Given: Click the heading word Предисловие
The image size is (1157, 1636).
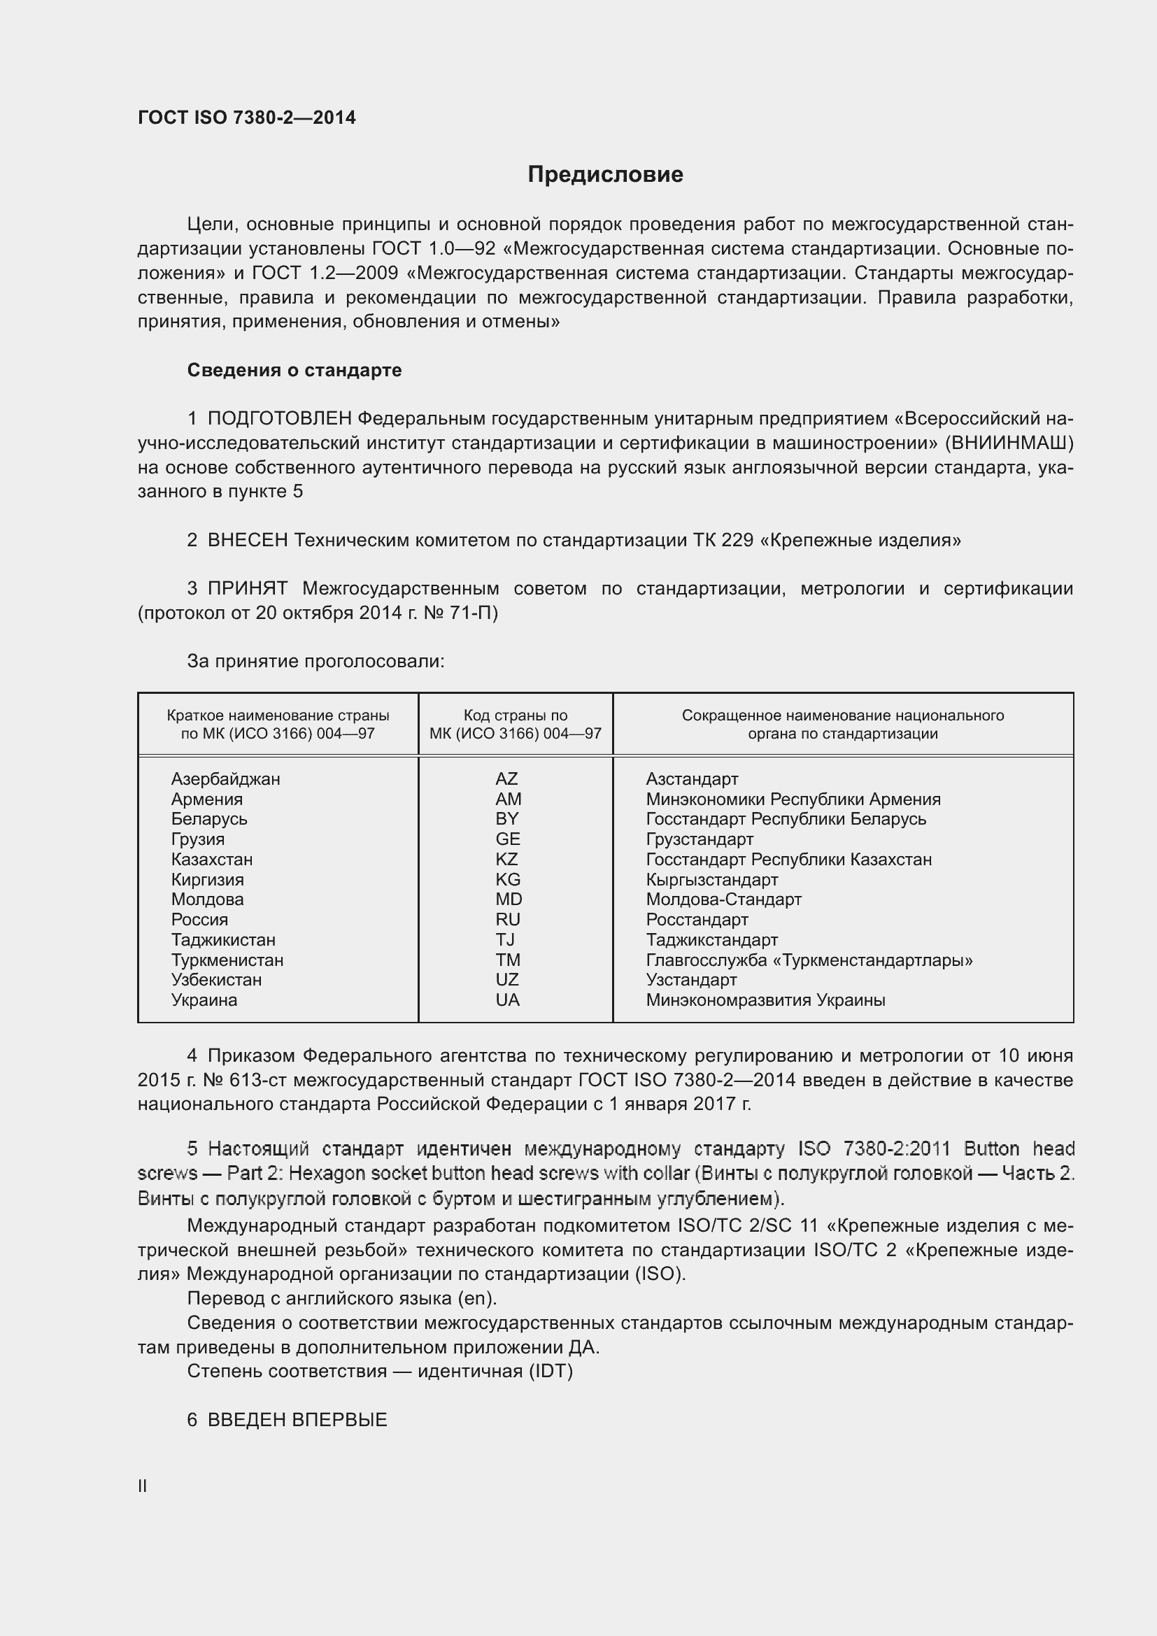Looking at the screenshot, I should point(605,175).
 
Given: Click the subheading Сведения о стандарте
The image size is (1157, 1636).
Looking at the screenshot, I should point(294,370).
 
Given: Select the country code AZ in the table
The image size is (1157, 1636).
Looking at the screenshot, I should point(506,778).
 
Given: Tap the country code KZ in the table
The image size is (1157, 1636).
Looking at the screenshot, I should point(506,860).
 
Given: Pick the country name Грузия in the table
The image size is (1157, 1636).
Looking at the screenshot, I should point(197,839).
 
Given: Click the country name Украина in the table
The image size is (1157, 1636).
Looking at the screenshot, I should point(204,1000).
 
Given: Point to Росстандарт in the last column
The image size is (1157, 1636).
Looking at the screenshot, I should point(697,920).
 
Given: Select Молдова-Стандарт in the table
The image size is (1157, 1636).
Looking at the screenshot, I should point(723,899).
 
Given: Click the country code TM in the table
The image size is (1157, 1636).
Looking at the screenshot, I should point(508,960).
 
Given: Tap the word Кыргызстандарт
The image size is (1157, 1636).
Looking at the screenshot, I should point(711,880).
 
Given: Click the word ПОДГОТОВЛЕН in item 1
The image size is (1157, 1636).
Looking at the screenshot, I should point(279,419).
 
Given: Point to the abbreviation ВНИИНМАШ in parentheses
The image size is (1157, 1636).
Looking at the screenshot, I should point(1009,443).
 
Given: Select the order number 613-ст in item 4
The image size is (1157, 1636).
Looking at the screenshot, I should point(258,1080).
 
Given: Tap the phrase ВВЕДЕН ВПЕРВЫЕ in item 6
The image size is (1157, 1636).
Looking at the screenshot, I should point(297,1419).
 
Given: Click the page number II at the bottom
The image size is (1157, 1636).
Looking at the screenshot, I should point(143,1486).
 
